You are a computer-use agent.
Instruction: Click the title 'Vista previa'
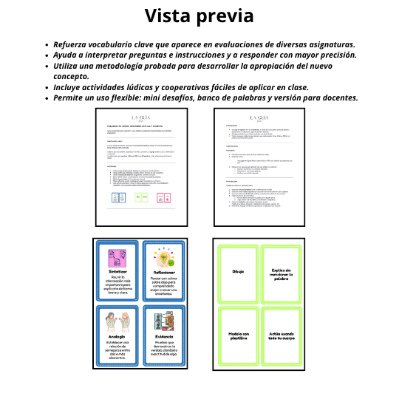pyautogui.click(x=199, y=16)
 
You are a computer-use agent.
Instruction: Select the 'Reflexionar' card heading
pyautogui.click(x=166, y=272)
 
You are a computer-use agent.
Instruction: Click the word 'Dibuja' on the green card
pyautogui.click(x=238, y=272)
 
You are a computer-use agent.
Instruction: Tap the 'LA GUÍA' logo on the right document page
pyautogui.click(x=259, y=117)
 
